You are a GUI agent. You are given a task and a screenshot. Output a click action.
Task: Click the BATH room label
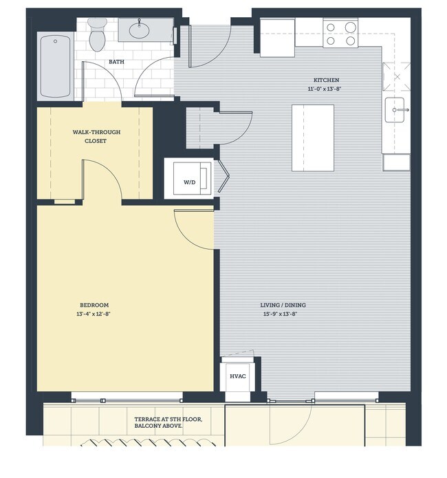[x=116, y=63]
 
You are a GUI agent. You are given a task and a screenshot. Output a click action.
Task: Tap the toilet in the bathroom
[x=97, y=35]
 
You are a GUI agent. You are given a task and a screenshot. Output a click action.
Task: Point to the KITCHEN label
[x=327, y=80]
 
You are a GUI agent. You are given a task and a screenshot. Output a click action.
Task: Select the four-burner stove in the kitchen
[x=340, y=34]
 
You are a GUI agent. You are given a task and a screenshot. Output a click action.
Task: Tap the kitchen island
[x=313, y=138]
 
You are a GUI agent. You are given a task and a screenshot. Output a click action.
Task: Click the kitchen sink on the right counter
[x=397, y=109]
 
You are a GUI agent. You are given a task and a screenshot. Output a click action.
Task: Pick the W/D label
[x=188, y=182]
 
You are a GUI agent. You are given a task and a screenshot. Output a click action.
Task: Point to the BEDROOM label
[x=94, y=305]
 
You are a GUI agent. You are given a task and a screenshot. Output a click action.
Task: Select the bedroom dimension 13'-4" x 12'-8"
[x=94, y=314]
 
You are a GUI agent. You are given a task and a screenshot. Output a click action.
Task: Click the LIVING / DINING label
[x=284, y=305]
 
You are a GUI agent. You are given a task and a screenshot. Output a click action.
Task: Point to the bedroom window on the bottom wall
[x=127, y=398]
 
